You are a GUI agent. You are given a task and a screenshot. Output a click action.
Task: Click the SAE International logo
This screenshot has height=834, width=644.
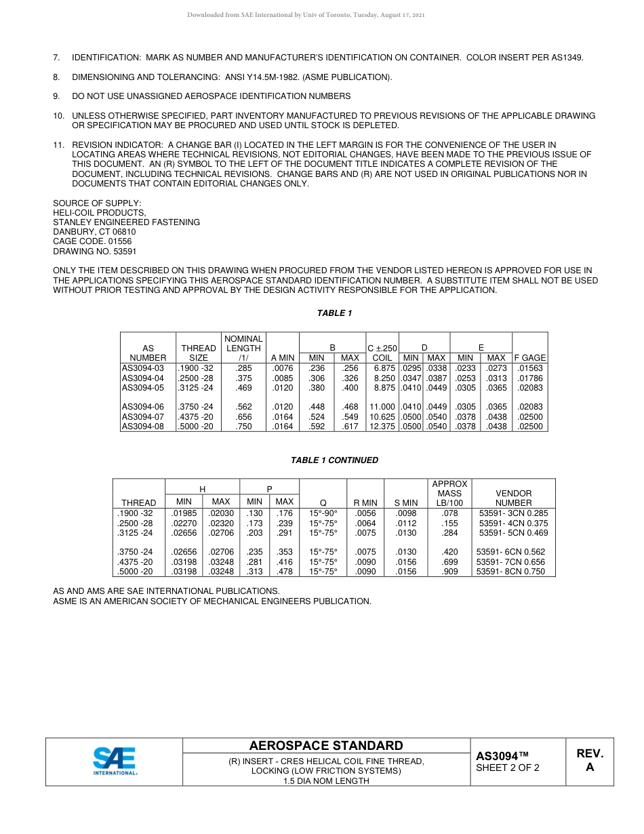point(115,761)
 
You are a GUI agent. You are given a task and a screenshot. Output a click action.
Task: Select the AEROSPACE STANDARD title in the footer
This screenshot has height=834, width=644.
point(326,746)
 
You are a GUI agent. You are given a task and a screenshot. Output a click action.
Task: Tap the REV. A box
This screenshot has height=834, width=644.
point(589,761)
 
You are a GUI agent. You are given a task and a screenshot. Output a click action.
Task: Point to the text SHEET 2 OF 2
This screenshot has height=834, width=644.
point(508,768)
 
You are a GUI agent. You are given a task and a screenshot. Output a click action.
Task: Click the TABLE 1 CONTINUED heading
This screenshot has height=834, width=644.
point(334,460)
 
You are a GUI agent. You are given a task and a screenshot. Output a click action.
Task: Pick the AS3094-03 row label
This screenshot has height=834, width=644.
point(143,368)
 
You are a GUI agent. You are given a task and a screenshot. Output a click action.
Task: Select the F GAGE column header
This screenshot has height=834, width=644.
point(530,358)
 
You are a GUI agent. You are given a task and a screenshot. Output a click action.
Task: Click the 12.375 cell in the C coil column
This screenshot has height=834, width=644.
point(382,426)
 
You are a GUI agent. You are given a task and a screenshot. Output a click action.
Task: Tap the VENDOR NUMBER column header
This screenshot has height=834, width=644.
point(513,498)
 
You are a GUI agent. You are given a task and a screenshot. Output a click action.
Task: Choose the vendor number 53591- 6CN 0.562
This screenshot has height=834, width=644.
point(511,552)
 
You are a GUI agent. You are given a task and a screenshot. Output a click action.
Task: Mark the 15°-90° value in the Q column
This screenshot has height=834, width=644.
point(323,513)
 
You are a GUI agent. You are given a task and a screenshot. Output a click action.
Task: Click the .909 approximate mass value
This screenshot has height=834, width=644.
point(449,572)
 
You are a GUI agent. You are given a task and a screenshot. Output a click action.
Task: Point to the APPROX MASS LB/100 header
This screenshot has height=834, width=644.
point(449,494)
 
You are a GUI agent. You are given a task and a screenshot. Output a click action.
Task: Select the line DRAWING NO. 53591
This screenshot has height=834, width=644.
point(95,251)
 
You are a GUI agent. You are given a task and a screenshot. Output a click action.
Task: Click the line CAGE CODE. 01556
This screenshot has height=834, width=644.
point(92,241)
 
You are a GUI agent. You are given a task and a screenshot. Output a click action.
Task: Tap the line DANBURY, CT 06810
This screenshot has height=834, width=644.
point(94,232)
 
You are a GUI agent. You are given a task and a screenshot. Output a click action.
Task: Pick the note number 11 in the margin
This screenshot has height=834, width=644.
point(58,145)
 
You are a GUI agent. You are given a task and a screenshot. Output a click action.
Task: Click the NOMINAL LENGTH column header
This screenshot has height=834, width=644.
point(243,348)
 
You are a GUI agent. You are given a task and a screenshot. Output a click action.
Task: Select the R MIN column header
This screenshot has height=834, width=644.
point(365,503)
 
